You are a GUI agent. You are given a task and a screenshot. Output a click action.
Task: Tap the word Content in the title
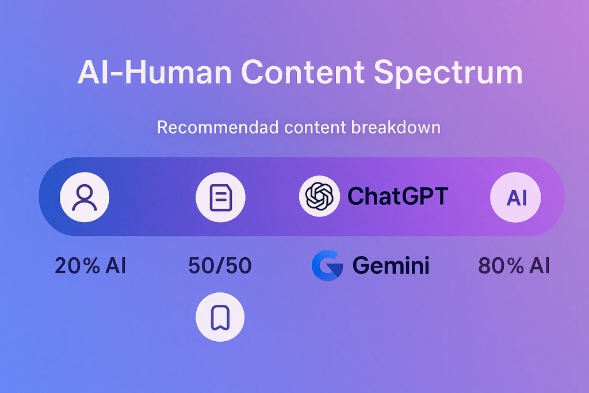(302, 73)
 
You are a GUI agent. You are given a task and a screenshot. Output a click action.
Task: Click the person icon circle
(85, 197)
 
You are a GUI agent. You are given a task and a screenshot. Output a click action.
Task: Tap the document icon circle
(220, 197)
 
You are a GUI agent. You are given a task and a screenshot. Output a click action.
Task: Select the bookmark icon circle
(220, 317)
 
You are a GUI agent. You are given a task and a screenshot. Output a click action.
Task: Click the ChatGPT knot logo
(319, 197)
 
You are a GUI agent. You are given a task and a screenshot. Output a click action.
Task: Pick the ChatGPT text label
(397, 197)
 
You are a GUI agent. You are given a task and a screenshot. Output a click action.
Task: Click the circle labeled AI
(516, 197)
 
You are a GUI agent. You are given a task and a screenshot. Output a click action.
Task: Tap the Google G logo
(327, 266)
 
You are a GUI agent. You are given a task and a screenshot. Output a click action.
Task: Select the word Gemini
(391, 266)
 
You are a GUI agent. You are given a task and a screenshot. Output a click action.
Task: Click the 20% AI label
(90, 266)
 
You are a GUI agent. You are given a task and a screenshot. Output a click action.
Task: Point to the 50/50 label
(220, 266)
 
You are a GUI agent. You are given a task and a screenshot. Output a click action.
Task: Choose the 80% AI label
(514, 266)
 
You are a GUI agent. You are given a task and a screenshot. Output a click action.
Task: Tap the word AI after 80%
(540, 266)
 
